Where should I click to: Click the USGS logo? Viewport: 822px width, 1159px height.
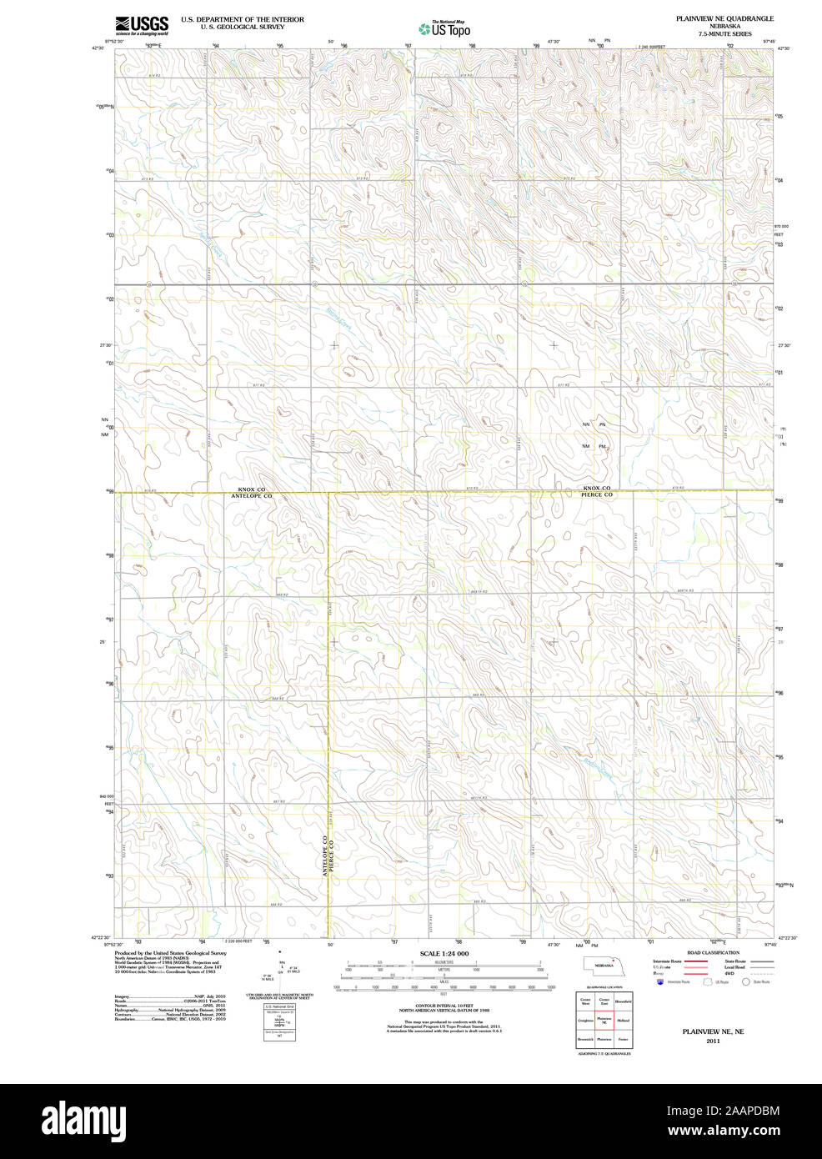(x=142, y=24)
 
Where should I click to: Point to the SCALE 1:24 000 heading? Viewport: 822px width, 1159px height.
(x=444, y=953)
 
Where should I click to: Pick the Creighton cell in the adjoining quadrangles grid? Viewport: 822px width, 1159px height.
(x=585, y=1021)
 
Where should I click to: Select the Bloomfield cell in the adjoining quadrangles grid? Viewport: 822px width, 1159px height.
(x=624, y=1001)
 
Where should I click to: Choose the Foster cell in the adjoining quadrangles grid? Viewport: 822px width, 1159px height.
(x=624, y=1040)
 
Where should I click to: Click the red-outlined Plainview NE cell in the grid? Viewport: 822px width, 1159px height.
(x=604, y=1021)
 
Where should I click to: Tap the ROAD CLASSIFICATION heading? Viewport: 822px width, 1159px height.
(x=713, y=952)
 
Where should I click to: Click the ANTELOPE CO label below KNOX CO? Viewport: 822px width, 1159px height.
(x=251, y=496)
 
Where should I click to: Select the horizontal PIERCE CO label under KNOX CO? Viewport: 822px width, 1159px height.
(x=597, y=495)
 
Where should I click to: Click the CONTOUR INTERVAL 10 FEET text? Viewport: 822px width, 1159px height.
(x=444, y=1006)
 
